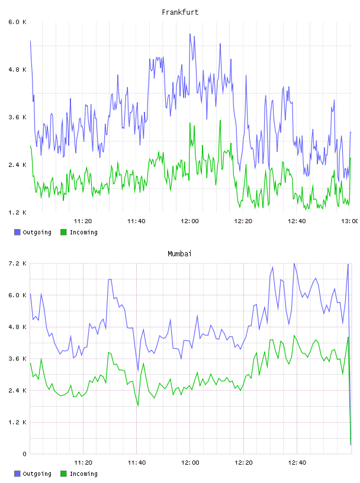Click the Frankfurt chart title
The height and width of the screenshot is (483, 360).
pyautogui.click(x=180, y=12)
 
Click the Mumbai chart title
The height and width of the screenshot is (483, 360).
pyautogui.click(x=179, y=254)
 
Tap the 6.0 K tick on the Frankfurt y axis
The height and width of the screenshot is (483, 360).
pyautogui.click(x=17, y=22)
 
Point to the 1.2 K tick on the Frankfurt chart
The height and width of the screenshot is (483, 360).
pyautogui.click(x=17, y=212)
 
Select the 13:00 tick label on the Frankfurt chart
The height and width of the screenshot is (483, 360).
pyautogui.click(x=349, y=221)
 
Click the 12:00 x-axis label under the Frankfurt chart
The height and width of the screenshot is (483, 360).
pyautogui.click(x=189, y=221)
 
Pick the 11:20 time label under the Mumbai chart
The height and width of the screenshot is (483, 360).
pyautogui.click(x=83, y=462)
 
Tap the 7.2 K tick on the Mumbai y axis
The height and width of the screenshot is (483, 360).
pyautogui.click(x=17, y=263)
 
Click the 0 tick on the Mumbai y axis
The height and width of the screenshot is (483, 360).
pyautogui.click(x=24, y=454)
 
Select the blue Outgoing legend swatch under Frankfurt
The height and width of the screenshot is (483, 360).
pyautogui.click(x=17, y=232)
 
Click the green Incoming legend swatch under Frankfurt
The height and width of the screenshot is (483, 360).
pyautogui.click(x=63, y=232)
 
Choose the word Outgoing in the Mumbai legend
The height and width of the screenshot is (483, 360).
pyautogui.click(x=37, y=474)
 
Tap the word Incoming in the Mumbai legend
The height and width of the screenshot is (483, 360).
pyautogui.click(x=83, y=474)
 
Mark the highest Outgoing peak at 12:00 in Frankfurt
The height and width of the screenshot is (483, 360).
pyautogui.click(x=190, y=34)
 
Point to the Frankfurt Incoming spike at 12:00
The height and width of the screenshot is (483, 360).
pyautogui.click(x=190, y=123)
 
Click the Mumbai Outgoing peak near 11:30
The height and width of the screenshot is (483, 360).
pyautogui.click(x=110, y=279)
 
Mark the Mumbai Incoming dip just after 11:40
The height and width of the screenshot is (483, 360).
pyautogui.click(x=138, y=405)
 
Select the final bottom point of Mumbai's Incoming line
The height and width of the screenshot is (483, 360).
pyautogui.click(x=351, y=445)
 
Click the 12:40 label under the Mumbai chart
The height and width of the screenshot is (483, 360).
pyautogui.click(x=297, y=462)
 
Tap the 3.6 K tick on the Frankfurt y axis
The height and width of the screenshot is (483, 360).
pyautogui.click(x=17, y=117)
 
